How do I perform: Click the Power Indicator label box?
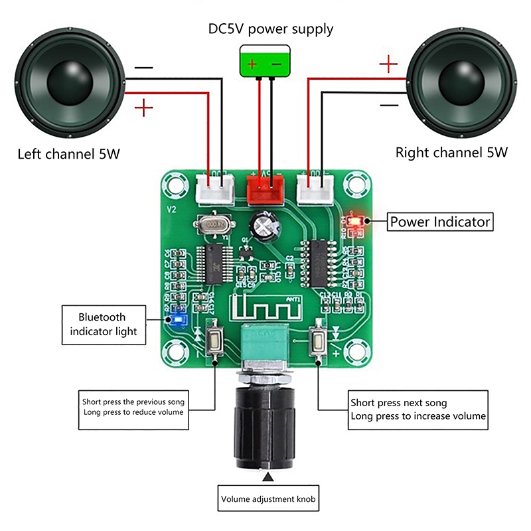tap(440, 222)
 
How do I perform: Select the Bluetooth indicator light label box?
tap(103, 325)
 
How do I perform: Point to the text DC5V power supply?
tap(271, 29)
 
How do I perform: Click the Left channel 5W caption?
tap(68, 155)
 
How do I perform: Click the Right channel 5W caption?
tap(451, 152)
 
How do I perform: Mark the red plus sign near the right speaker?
tap(389, 64)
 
